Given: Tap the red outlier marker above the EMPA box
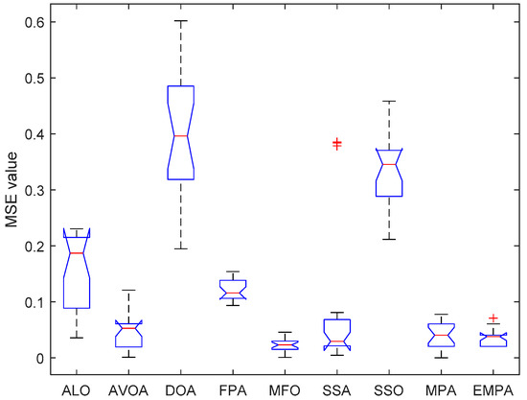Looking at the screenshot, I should pos(493,318).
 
